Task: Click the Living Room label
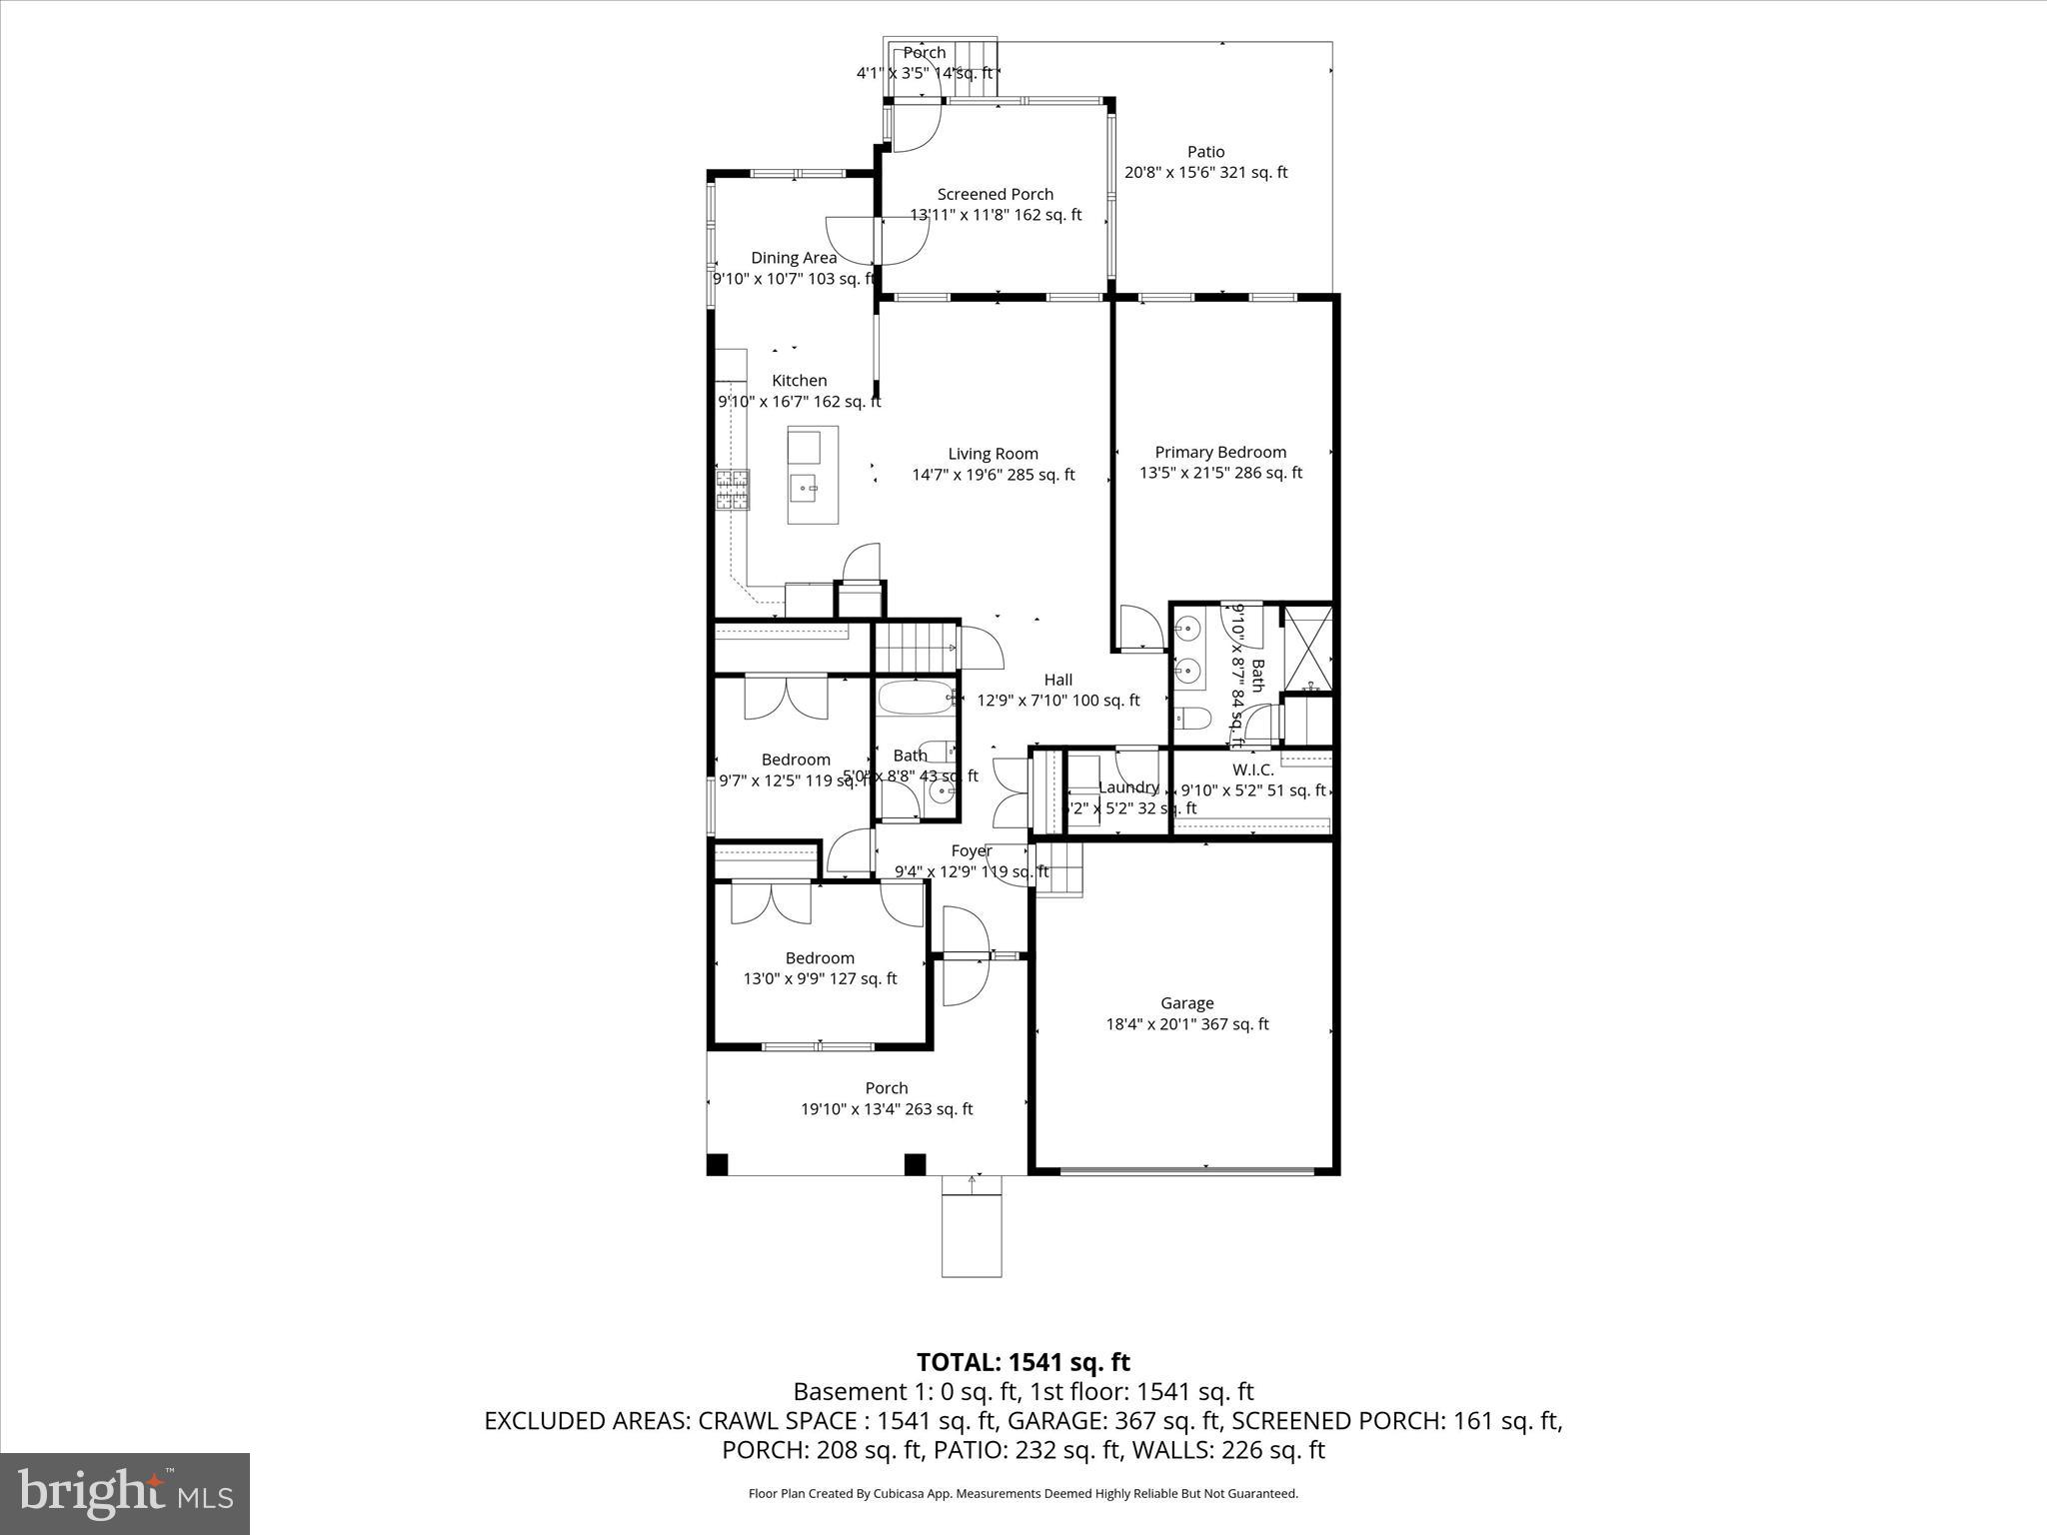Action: click(993, 454)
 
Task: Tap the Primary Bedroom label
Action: click(1220, 452)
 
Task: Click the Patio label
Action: click(1205, 152)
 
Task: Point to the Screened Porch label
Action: click(995, 194)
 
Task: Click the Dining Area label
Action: click(794, 258)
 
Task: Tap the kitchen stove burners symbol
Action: click(733, 491)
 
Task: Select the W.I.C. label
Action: click(1252, 769)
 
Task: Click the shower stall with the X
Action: click(1307, 649)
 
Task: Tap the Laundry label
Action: click(1127, 787)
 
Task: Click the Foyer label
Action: click(971, 851)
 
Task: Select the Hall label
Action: click(1057, 680)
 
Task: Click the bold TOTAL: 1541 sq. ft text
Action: click(1023, 1362)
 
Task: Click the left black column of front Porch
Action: click(718, 1164)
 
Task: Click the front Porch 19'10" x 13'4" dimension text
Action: click(886, 1109)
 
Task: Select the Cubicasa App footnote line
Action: click(1023, 1494)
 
